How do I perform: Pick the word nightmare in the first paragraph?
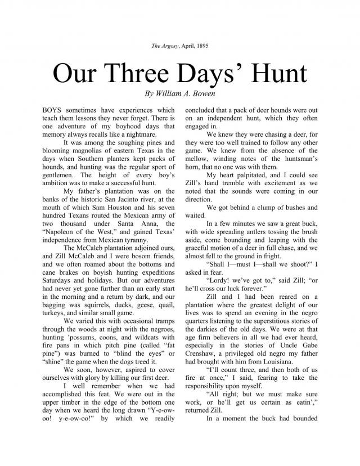click(x=137, y=135)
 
